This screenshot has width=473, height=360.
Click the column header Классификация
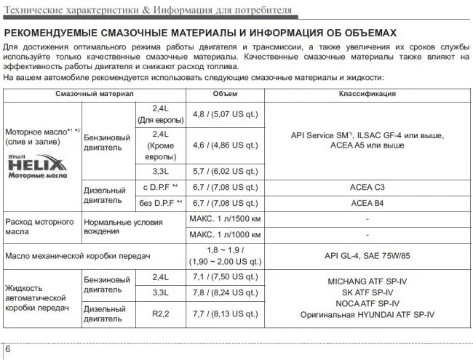click(x=367, y=94)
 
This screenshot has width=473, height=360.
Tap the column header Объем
click(x=225, y=94)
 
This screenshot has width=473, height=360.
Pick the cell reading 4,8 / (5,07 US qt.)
click(x=225, y=114)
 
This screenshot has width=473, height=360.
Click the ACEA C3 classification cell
click(x=367, y=187)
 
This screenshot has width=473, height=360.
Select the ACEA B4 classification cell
click(x=367, y=203)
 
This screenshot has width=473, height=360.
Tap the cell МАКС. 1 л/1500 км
click(x=225, y=220)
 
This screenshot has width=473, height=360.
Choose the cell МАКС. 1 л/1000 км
click(x=225, y=236)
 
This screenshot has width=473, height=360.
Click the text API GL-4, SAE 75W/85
click(x=367, y=256)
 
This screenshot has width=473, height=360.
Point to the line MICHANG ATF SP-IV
click(x=367, y=279)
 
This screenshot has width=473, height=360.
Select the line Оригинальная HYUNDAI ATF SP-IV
click(x=367, y=314)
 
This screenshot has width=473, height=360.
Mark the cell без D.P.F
click(x=160, y=203)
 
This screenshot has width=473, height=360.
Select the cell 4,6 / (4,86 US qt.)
click(x=225, y=145)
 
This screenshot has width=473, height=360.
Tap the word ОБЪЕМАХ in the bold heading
click(x=365, y=33)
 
